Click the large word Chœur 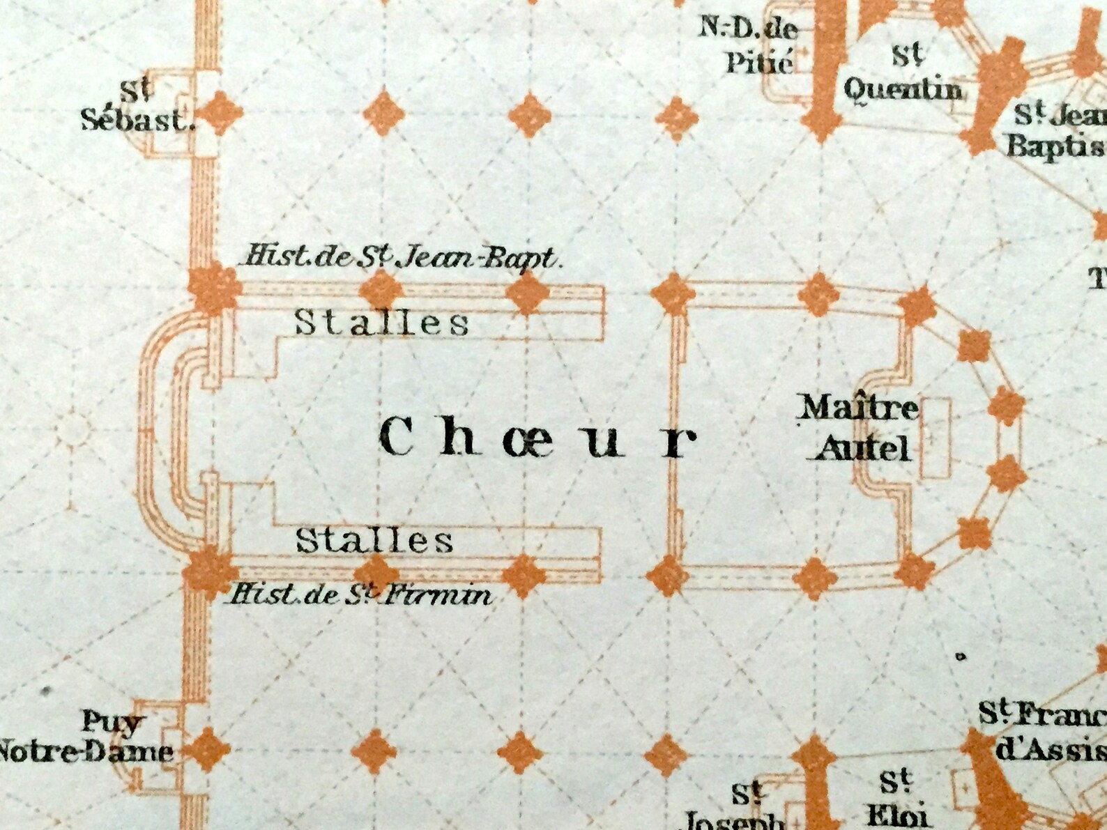(x=537, y=439)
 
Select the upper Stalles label (x=381, y=322)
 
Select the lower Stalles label (x=375, y=540)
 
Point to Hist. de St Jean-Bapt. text (x=400, y=257)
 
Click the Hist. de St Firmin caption (x=361, y=594)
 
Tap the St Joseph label (x=741, y=808)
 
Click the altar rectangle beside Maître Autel (x=936, y=438)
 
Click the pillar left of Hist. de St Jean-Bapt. (x=215, y=288)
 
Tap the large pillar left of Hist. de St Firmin (x=206, y=571)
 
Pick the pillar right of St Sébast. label (x=222, y=112)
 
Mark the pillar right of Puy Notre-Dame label (x=207, y=750)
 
